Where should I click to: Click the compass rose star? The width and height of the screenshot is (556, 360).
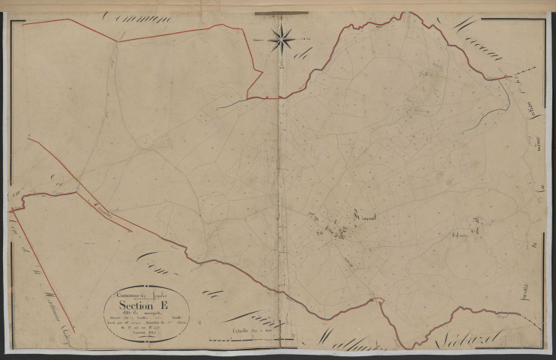coord(282,38)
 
